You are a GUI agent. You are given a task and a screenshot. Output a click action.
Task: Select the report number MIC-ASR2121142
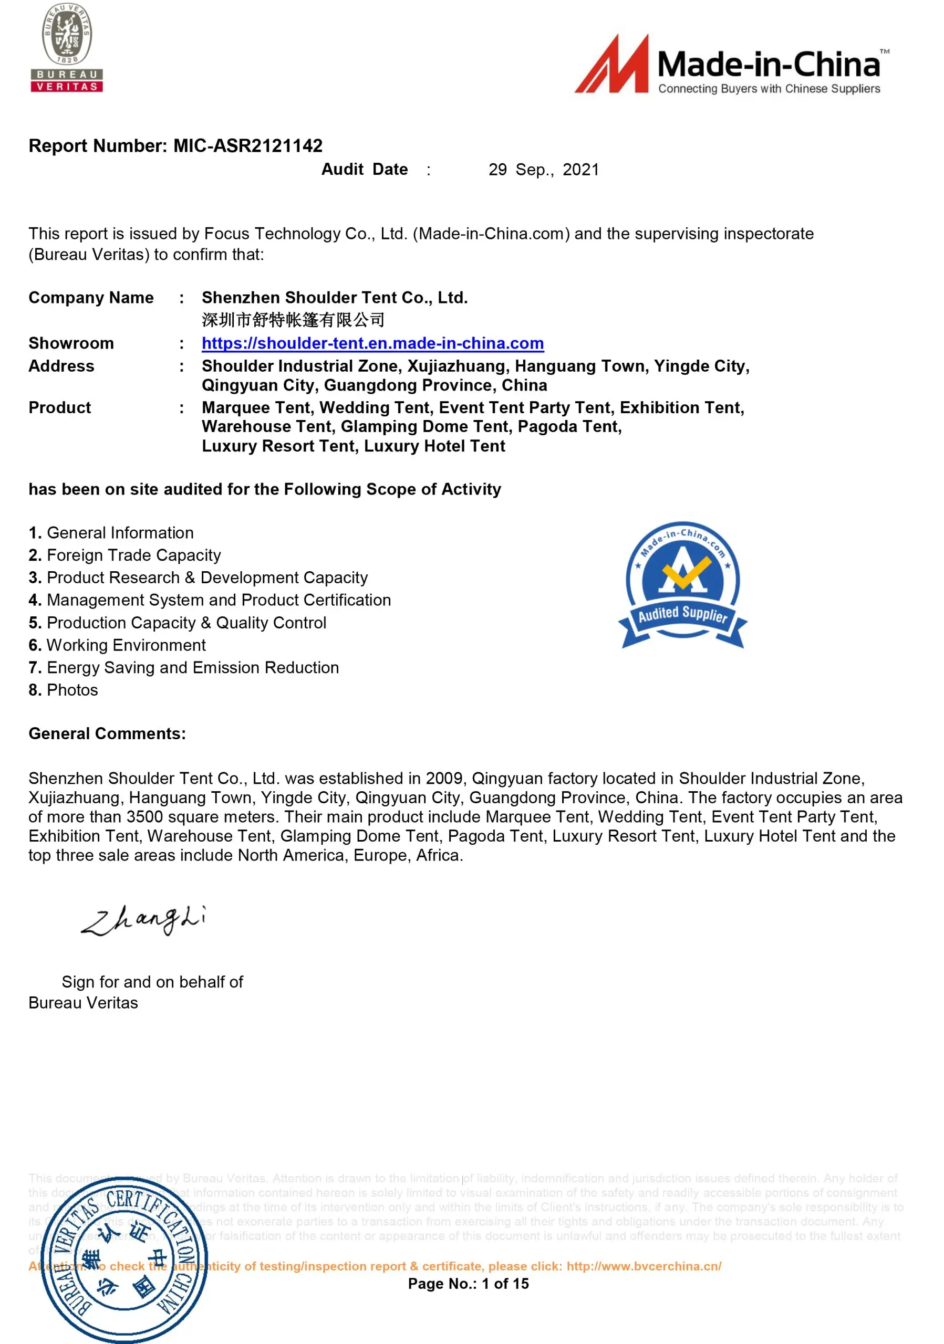[248, 146]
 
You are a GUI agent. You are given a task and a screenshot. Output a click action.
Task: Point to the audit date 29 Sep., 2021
[544, 170]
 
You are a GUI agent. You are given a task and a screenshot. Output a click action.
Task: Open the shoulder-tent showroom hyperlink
[372, 343]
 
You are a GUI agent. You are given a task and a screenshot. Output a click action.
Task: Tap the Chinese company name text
[293, 320]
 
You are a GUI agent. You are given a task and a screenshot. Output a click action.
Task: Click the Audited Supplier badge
[682, 585]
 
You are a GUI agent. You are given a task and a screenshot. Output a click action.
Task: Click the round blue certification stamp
[124, 1258]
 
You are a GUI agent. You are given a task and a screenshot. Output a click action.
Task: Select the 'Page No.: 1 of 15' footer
[468, 1284]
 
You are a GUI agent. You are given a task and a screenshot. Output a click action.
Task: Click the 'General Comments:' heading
[107, 733]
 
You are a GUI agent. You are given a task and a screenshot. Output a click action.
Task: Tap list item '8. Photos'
[63, 690]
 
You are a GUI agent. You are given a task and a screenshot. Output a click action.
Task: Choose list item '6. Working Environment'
[117, 645]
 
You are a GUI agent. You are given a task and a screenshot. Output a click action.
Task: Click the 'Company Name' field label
[91, 298]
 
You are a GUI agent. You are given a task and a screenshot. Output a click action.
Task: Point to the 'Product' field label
[60, 407]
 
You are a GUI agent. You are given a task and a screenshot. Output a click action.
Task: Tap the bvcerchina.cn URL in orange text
[644, 1266]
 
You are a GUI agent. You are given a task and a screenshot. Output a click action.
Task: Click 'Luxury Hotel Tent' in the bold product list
[434, 446]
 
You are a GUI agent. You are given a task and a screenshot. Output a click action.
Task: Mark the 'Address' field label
[61, 366]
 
